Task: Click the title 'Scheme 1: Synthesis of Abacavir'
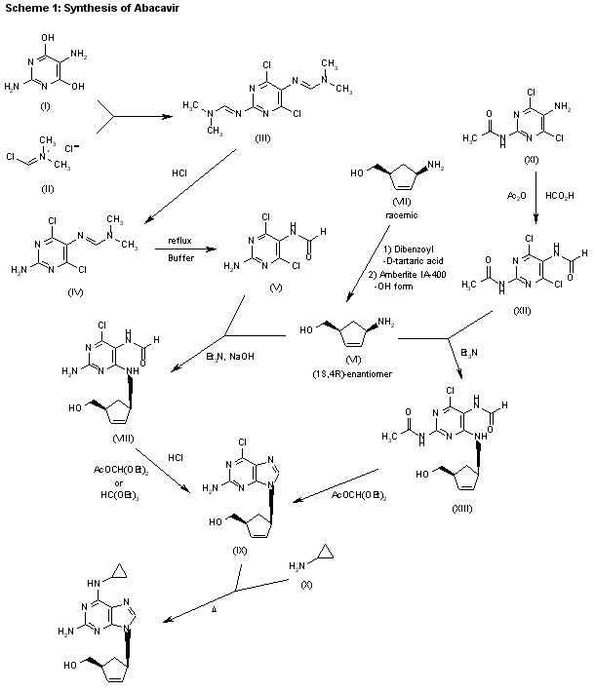point(74,8)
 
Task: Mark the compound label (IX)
point(240,551)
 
